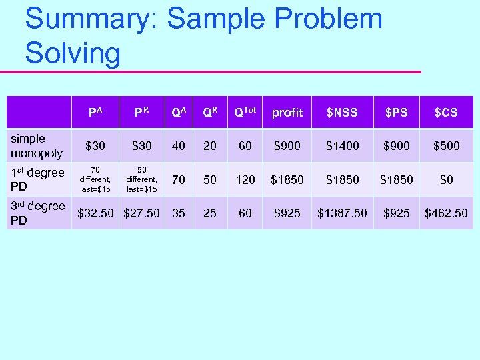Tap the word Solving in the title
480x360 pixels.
(x=73, y=53)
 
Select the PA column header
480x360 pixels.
(x=96, y=112)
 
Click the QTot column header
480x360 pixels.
(x=245, y=112)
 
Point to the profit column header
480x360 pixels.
(x=287, y=112)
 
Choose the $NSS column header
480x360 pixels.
(x=342, y=112)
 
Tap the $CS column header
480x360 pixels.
(x=446, y=112)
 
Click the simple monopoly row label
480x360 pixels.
(x=37, y=146)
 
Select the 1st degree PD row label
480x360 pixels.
(x=37, y=179)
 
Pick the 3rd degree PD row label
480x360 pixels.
(x=37, y=213)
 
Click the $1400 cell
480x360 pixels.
(x=342, y=146)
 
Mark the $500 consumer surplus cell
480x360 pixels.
(x=446, y=146)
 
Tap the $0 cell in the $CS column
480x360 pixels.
(x=446, y=179)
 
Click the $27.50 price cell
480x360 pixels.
(x=142, y=213)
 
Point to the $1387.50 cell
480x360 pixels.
(x=342, y=213)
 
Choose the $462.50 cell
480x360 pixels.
(x=446, y=213)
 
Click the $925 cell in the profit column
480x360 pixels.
(x=287, y=213)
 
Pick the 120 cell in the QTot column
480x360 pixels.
(x=245, y=179)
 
